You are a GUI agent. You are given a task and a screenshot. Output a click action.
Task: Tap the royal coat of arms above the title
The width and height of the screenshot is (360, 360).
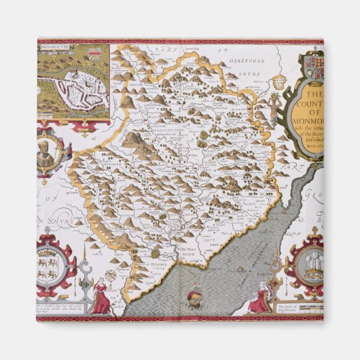[313, 67]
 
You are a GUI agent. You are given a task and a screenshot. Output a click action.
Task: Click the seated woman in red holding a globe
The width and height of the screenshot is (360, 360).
[102, 298]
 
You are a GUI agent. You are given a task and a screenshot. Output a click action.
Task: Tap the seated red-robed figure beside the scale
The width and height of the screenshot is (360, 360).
[259, 300]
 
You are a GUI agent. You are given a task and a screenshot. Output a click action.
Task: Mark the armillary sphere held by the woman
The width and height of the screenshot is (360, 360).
[106, 283]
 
